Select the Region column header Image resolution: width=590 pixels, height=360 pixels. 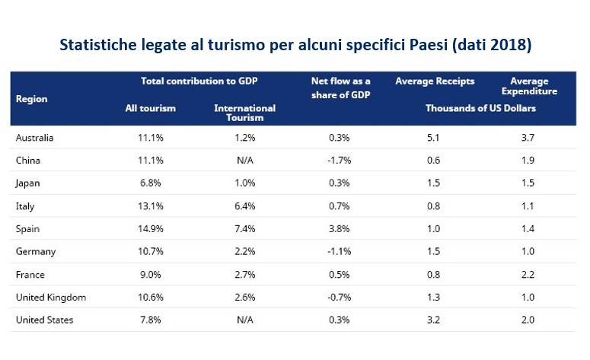(31, 99)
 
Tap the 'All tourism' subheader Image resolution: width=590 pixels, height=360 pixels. (150, 108)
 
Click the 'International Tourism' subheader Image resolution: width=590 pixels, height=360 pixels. (244, 113)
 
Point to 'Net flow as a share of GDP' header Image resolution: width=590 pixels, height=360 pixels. (341, 87)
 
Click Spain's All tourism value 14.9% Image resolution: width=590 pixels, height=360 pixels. (150, 228)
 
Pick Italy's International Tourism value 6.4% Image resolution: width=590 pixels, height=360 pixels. (244, 205)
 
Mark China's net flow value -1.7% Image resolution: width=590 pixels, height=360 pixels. (340, 160)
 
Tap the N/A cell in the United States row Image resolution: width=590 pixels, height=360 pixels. (244, 320)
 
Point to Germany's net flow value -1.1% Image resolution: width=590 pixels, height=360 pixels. (340, 251)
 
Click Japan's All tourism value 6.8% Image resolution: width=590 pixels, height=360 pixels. (150, 183)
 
